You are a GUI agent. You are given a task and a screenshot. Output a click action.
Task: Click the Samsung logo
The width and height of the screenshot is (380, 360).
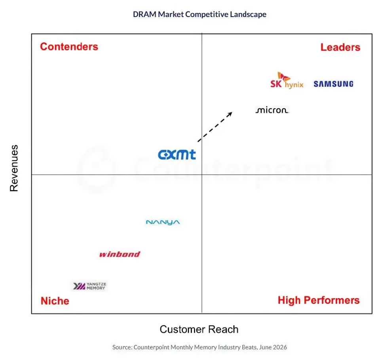pyautogui.click(x=333, y=84)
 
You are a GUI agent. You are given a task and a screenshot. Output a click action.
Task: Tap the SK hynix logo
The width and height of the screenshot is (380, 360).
pyautogui.click(x=287, y=80)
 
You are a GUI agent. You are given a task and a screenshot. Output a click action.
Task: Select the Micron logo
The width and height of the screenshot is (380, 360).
pyautogui.click(x=272, y=110)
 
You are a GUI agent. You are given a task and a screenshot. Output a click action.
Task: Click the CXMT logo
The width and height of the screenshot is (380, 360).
pyautogui.click(x=177, y=154)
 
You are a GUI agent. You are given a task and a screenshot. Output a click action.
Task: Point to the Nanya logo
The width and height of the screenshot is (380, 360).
pyautogui.click(x=163, y=222)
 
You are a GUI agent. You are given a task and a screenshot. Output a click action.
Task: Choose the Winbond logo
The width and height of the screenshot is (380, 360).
pyautogui.click(x=120, y=254)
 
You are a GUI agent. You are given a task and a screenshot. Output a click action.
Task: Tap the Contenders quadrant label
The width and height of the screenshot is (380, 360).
pyautogui.click(x=69, y=47)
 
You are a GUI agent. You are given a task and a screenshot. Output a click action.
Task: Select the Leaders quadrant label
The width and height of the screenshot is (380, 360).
pyautogui.click(x=340, y=47)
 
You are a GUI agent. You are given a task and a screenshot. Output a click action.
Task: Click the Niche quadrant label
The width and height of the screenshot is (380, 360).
pyautogui.click(x=55, y=301)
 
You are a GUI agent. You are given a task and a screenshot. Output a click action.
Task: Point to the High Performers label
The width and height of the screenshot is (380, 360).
pyautogui.click(x=319, y=300)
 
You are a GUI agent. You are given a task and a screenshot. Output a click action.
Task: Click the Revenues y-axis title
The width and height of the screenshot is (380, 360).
pyautogui.click(x=14, y=168)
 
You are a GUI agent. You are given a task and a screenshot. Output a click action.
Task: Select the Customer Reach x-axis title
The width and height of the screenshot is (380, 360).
pyautogui.click(x=199, y=330)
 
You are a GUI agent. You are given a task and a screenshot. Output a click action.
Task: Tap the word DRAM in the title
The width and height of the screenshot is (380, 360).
pyautogui.click(x=145, y=14)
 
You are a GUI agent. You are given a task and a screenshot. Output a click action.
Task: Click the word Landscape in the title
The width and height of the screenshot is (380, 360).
pyautogui.click(x=248, y=15)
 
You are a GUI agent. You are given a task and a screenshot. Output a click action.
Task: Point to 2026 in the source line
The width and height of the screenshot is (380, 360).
pyautogui.click(x=280, y=347)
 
